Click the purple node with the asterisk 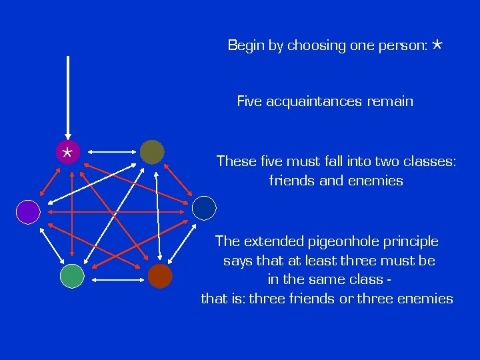[x=67, y=152]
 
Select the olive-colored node [x=152, y=152]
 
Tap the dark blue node [x=204, y=208]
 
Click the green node [x=72, y=275]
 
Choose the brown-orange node [x=160, y=275]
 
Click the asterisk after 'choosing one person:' [x=437, y=45]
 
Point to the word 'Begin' [x=245, y=45]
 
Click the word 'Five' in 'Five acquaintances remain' [x=249, y=101]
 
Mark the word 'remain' [x=390, y=101]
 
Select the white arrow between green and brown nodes [x=116, y=276]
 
